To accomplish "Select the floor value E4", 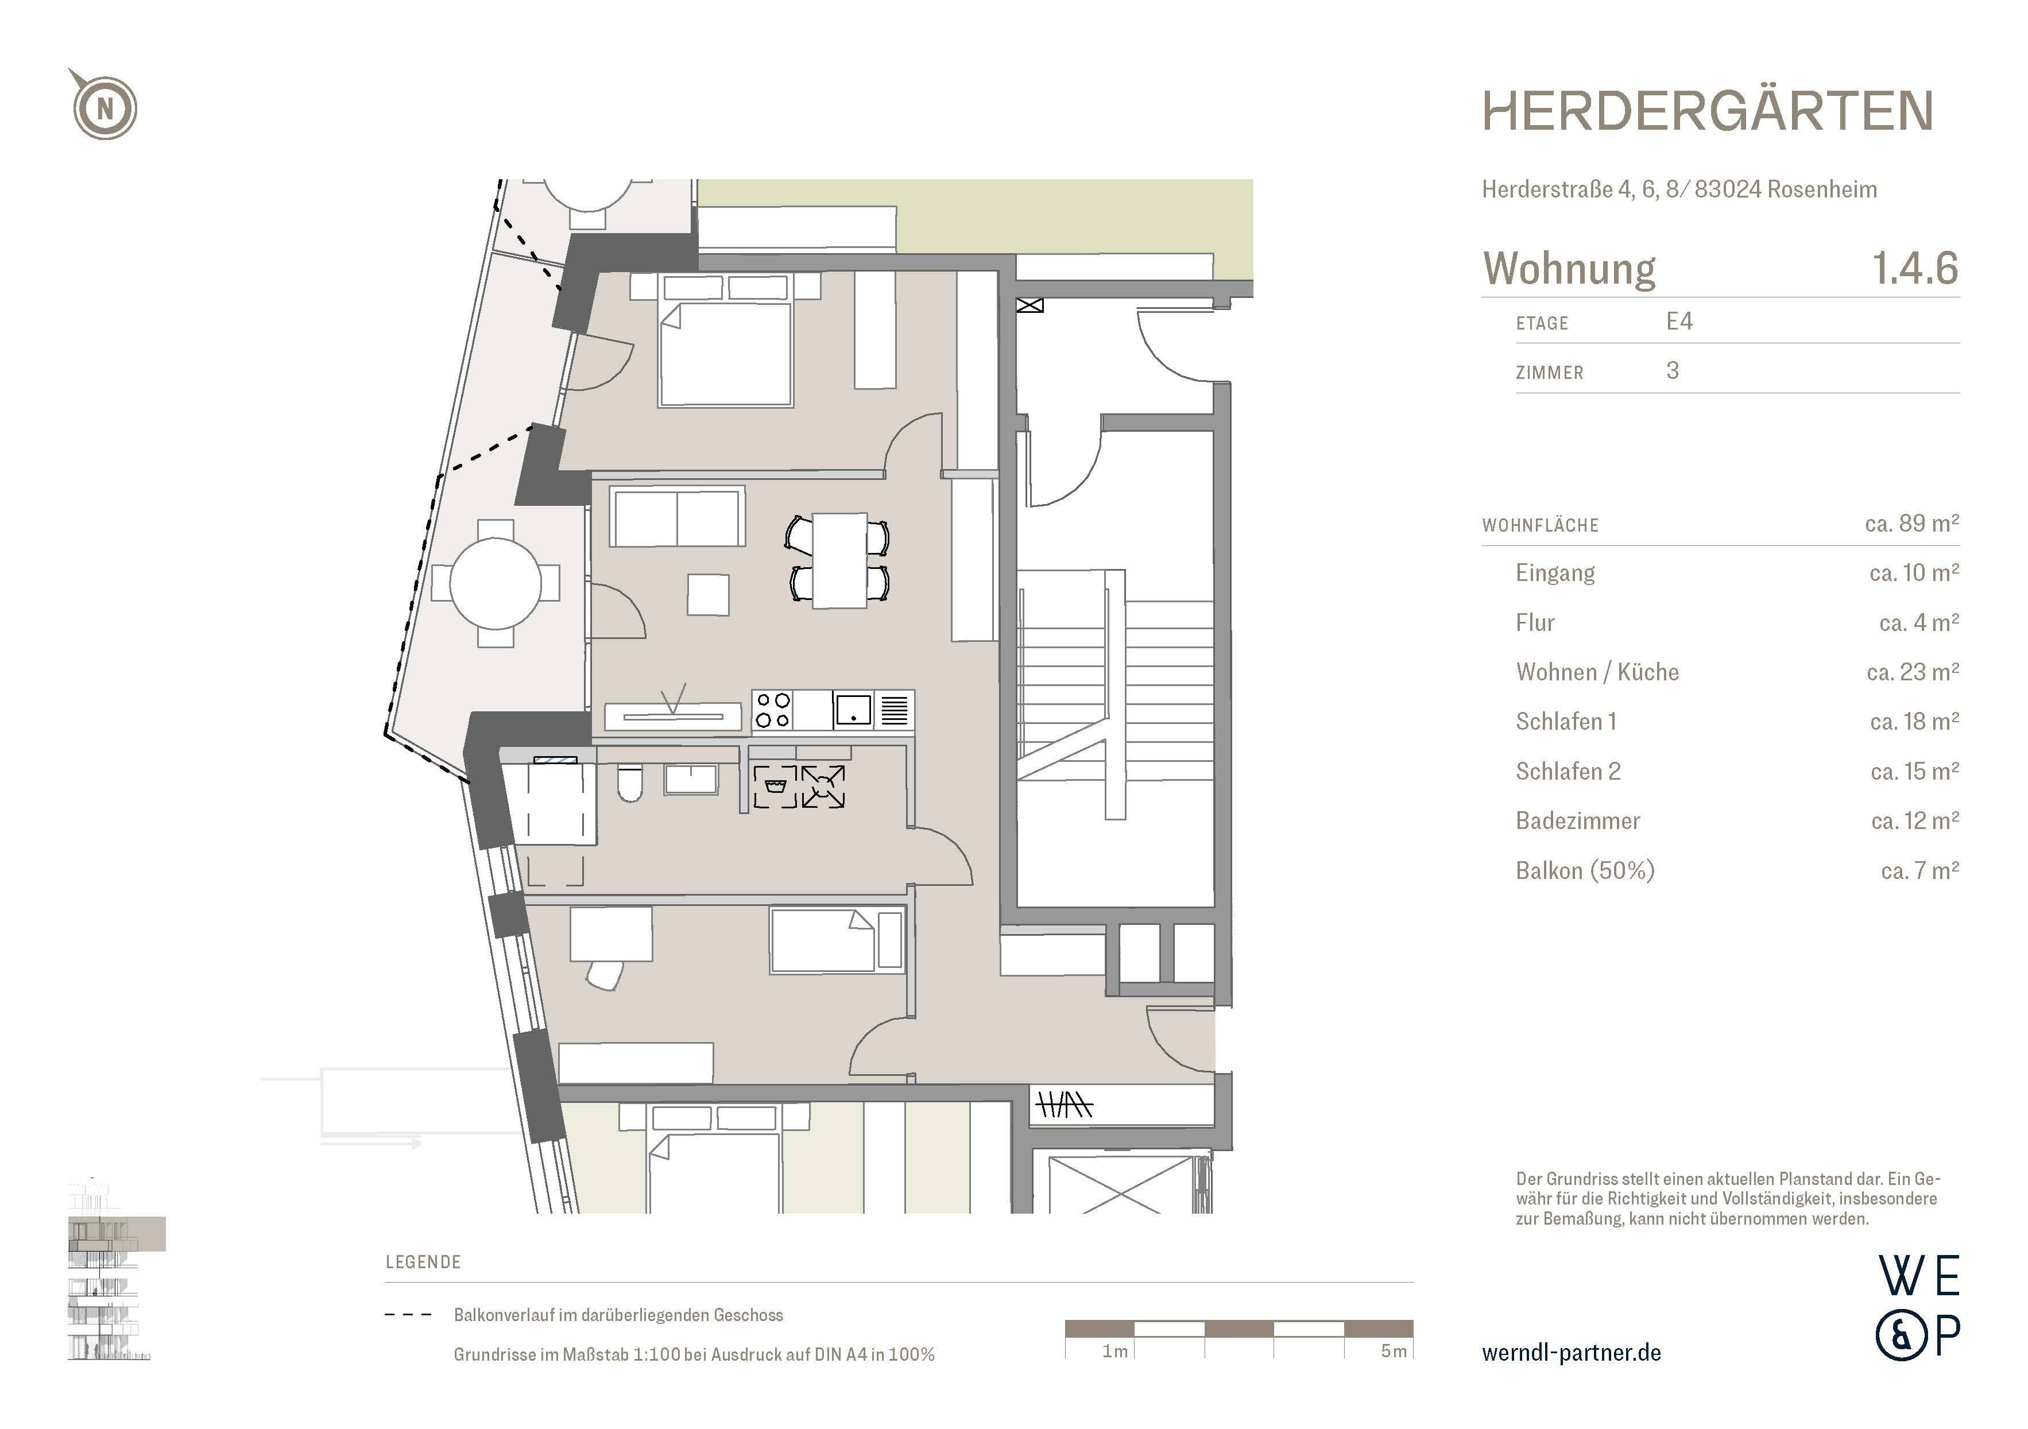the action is point(1679,322).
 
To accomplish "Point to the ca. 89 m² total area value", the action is point(1912,524).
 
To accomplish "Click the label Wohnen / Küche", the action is point(1597,672).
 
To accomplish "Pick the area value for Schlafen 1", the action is point(1915,722).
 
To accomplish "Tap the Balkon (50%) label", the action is point(1585,871).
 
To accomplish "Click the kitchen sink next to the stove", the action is point(852,710).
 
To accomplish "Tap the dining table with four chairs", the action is point(839,560).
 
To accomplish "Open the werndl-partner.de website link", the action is point(1572,1353).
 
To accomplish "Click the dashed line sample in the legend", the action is point(408,1315).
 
